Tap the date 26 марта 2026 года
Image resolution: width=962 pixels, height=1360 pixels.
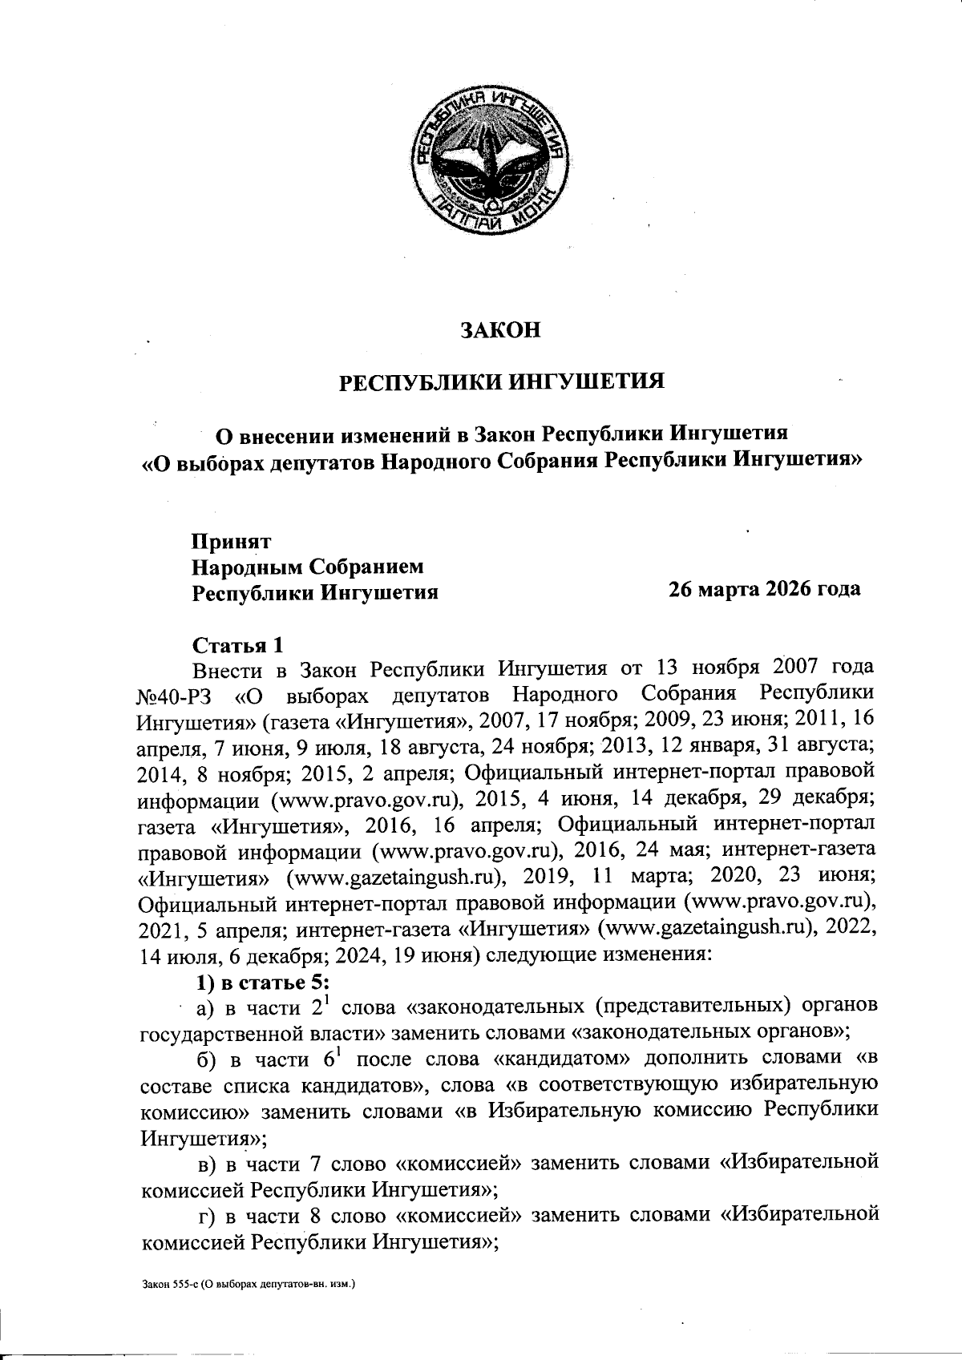click(765, 589)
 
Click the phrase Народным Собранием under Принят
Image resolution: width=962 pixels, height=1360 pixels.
click(307, 567)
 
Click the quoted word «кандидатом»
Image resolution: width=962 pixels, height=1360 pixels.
click(562, 1060)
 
